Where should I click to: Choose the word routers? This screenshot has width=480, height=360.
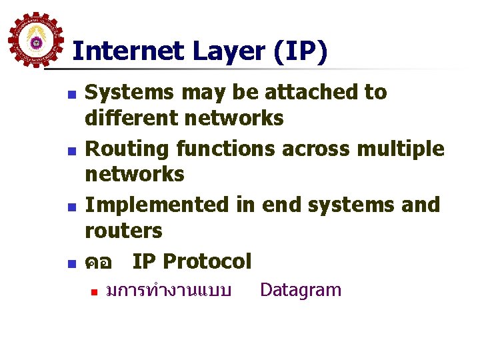[123, 231]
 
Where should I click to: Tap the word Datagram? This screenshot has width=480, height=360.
[300, 290]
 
